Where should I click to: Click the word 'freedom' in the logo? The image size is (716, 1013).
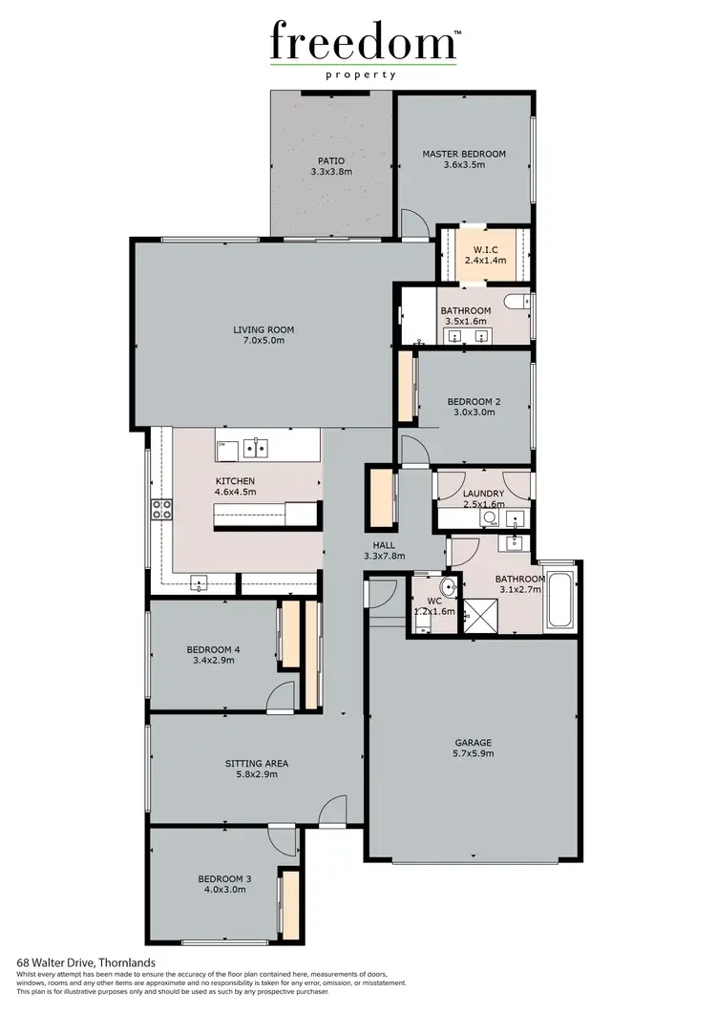coord(363,43)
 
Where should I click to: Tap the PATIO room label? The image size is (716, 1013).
coord(331,160)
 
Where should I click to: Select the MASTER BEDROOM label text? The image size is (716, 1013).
coord(464,154)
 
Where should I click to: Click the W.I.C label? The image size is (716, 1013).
coord(484,250)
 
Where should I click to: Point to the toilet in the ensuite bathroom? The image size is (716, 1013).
coord(516,305)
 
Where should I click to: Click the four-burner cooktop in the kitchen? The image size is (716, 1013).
coord(161,508)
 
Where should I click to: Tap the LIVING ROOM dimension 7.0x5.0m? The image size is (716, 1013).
coord(263,340)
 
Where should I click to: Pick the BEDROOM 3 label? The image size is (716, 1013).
coord(224,878)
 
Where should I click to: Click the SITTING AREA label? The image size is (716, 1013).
coord(256,764)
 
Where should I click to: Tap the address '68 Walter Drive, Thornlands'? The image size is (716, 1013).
coord(87,963)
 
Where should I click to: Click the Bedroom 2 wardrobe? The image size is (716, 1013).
coord(405,387)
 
